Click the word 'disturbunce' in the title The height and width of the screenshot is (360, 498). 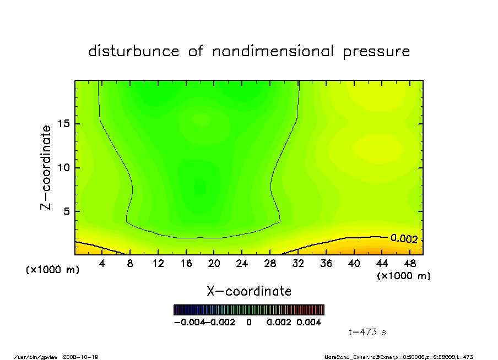(134, 52)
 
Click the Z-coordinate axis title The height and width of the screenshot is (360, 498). (46, 167)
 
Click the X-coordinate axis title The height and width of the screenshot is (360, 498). (249, 291)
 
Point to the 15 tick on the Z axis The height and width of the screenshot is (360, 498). (64, 124)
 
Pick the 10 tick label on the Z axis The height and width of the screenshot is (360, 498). (64, 168)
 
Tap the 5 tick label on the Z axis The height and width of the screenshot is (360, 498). (67, 211)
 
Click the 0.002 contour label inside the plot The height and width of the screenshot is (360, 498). (404, 239)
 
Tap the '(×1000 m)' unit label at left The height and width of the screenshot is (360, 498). (53, 270)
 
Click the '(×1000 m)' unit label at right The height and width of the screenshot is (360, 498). (403, 276)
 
